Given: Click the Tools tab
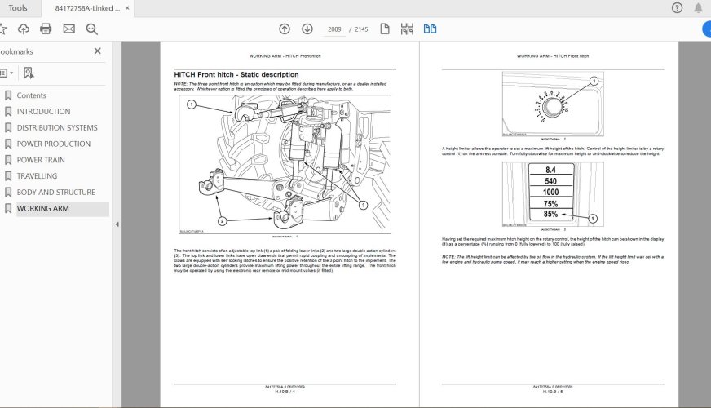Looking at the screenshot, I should [17, 8].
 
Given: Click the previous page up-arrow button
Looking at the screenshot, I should [284, 29].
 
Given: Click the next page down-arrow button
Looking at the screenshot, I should [307, 29].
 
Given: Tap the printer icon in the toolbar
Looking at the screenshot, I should [46, 29].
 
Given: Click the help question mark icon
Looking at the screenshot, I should [677, 8].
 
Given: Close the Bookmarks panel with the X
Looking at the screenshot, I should [98, 51].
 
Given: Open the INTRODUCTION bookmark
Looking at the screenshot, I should [43, 112].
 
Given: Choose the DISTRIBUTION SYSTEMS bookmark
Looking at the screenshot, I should [57, 128].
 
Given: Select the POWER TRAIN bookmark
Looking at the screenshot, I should [41, 160].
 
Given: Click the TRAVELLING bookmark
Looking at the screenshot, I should [37, 176].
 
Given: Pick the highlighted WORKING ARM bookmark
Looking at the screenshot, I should [42, 209].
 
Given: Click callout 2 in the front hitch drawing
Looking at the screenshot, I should [220, 220].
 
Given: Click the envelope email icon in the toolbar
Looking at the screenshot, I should [68, 29].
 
